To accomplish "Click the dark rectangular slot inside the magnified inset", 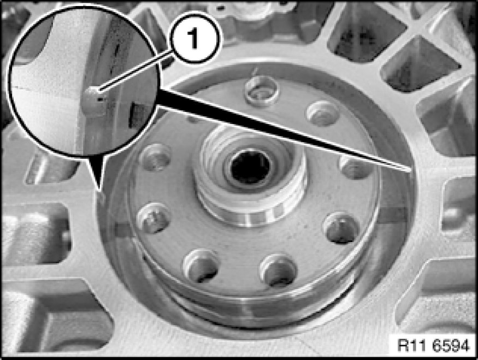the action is click(138, 115).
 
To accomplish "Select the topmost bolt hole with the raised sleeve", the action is click(262, 91).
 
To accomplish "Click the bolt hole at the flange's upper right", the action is click(322, 114).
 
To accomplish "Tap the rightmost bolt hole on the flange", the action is click(356, 167).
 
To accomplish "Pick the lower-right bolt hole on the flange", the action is click(341, 228).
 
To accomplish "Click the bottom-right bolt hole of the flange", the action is click(278, 270).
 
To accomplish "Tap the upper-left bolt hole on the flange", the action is click(156, 157).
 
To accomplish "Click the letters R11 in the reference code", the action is click(412, 346).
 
